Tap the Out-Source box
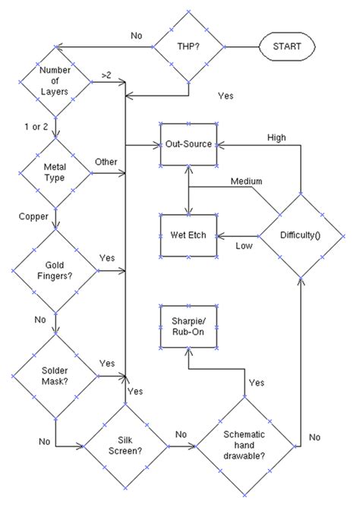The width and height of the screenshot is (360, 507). pos(188,142)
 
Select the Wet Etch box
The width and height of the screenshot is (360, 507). pos(188,235)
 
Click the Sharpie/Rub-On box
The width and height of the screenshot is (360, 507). pos(188,328)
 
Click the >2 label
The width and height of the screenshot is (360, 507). pos(107,75)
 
